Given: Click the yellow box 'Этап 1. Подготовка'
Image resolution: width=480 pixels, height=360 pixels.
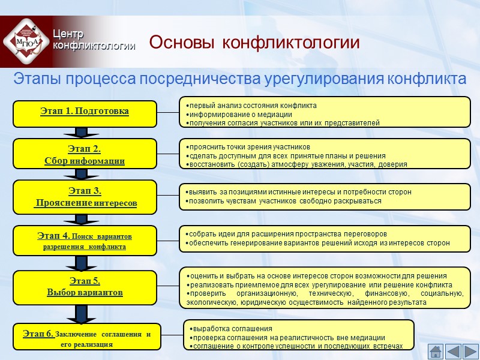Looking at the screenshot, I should coord(85,112).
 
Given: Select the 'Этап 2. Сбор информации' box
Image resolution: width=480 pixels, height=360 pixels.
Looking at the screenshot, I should coord(85,154).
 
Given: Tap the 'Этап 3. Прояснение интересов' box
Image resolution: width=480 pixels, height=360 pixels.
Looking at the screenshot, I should coord(85,197).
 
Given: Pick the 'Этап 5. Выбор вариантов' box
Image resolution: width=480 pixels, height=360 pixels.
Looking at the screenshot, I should coord(85,286).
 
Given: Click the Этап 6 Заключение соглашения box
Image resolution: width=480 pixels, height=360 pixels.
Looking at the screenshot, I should coord(86,337).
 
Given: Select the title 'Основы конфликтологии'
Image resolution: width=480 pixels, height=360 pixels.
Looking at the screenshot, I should coord(254,43).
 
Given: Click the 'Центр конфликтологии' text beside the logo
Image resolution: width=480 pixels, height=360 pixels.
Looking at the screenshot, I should coord(93,40).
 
